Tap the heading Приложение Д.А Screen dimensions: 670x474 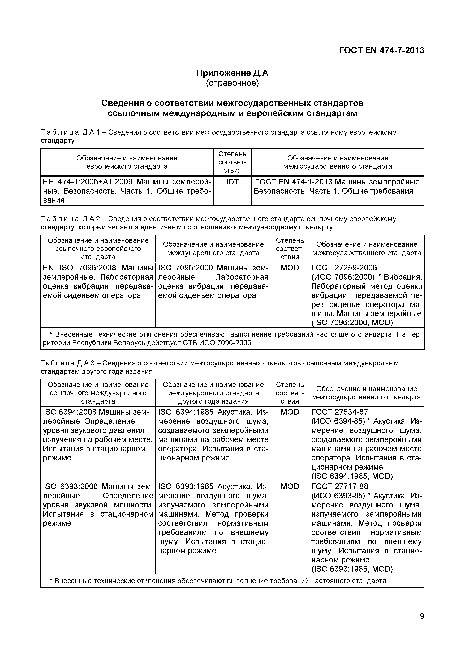(232, 73)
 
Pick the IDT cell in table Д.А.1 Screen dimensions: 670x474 (232, 182)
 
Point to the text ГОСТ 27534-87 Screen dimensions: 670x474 (340, 412)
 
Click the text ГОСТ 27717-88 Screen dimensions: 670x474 (340, 486)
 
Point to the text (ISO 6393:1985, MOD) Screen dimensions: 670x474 (352, 569)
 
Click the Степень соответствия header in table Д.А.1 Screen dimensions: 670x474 (232, 162)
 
